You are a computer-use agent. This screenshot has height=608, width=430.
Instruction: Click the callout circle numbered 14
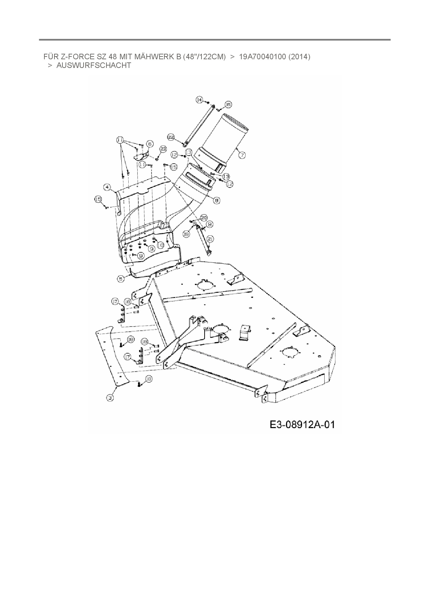tap(199, 100)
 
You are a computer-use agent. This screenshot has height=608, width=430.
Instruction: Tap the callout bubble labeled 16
tap(228, 104)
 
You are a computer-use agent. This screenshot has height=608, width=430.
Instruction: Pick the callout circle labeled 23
tap(163, 149)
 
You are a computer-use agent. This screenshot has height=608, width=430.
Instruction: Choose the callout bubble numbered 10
tap(160, 245)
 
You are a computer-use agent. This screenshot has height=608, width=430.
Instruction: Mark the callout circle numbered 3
tap(110, 398)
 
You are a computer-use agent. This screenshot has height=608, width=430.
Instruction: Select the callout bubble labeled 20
tap(204, 217)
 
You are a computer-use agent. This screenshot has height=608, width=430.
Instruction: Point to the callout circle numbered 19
tap(187, 234)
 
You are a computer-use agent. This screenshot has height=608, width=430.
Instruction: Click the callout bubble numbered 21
tap(210, 238)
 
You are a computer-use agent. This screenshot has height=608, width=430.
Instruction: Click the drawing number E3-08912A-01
tap(302, 425)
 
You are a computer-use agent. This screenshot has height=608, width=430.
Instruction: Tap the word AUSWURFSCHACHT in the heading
tap(94, 66)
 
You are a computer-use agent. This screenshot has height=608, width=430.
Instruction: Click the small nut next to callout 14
tap(207, 103)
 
